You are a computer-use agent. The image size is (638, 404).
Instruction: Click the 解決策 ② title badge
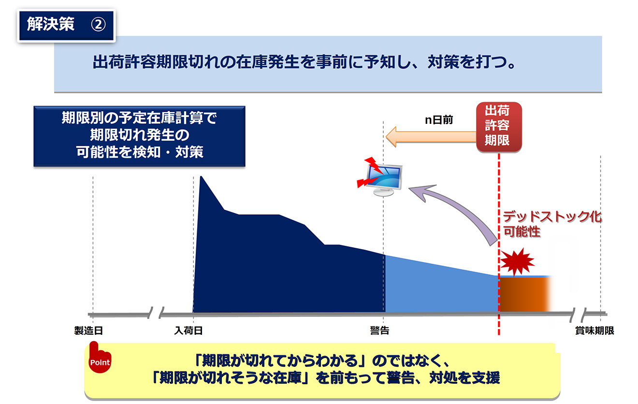[x=66, y=25]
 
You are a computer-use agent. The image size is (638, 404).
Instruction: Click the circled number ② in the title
[x=98, y=25]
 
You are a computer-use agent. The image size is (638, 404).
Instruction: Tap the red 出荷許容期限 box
[x=499, y=127]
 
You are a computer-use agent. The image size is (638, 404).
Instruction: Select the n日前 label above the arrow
[x=439, y=120]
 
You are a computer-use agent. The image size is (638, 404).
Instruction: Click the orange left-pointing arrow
[x=431, y=137]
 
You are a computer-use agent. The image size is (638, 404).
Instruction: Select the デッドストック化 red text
[x=552, y=217]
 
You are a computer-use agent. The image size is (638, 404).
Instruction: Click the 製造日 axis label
[x=88, y=330]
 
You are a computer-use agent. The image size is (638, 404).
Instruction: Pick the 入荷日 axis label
[x=188, y=330]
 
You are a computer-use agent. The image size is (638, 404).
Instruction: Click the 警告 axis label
[x=379, y=330]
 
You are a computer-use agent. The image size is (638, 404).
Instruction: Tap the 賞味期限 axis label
[x=594, y=330]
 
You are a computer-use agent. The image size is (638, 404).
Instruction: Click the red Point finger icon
[x=100, y=358]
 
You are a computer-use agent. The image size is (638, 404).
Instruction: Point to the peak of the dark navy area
[x=201, y=177]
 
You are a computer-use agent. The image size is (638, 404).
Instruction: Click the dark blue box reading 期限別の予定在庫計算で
[x=139, y=136]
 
